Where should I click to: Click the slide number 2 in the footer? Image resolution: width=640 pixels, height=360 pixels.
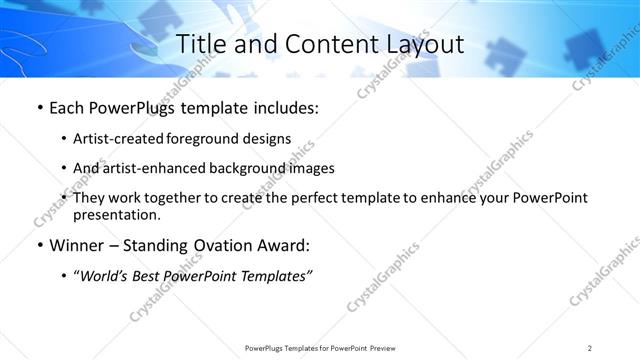pyautogui.click(x=590, y=348)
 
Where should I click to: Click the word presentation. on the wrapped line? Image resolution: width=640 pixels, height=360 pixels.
pyautogui.click(x=116, y=214)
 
